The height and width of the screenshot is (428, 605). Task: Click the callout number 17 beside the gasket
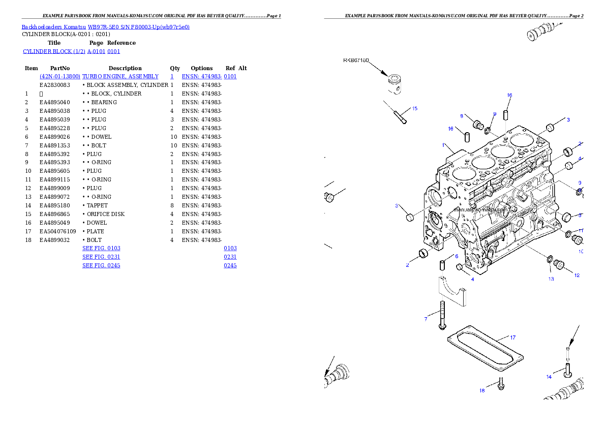(x=512, y=338)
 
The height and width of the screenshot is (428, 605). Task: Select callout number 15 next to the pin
(x=414, y=108)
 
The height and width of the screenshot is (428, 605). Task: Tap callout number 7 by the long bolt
(x=426, y=319)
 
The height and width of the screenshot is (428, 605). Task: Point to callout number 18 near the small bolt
(x=482, y=390)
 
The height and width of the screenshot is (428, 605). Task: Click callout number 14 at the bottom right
(x=549, y=377)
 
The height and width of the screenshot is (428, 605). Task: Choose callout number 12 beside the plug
(x=577, y=276)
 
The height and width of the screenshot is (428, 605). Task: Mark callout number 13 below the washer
(x=551, y=279)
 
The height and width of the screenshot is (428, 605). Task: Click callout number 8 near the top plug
(x=462, y=116)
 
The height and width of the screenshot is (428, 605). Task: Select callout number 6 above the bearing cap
(x=457, y=256)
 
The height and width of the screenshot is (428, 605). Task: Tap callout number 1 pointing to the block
(x=443, y=145)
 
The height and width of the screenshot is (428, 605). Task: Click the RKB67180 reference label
(x=355, y=60)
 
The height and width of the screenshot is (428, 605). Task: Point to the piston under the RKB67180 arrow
(x=395, y=83)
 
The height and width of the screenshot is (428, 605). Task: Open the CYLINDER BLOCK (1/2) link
(x=71, y=51)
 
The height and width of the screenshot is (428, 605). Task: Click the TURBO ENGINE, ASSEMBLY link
(x=120, y=76)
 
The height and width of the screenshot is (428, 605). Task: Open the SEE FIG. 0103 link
(x=101, y=248)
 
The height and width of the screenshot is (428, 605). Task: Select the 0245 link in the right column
(x=230, y=265)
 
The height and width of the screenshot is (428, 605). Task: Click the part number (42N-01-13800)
(x=60, y=76)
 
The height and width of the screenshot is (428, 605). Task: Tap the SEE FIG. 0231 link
(x=101, y=257)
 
